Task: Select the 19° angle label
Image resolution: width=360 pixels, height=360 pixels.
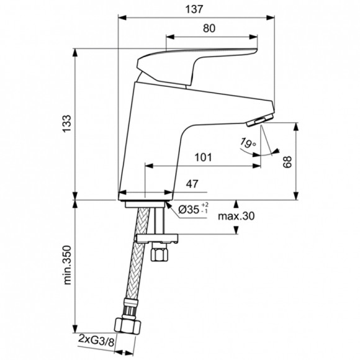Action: point(248,144)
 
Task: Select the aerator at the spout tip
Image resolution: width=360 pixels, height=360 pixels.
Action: point(263,118)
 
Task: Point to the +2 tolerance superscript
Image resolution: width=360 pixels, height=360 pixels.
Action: point(205,205)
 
